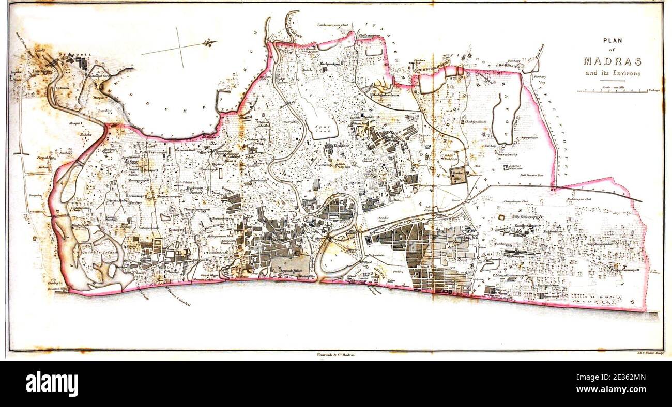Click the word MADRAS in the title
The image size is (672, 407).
[613, 61]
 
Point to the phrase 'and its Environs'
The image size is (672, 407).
[613, 73]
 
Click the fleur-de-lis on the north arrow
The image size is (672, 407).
[209, 42]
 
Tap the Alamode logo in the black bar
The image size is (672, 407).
[52, 384]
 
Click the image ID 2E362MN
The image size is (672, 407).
[620, 384]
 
